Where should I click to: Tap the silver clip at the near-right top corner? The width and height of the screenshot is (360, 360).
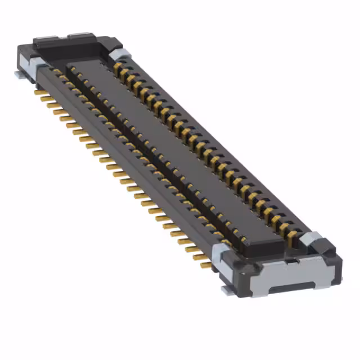[311, 240]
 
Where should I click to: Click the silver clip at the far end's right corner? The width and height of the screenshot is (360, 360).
[120, 54]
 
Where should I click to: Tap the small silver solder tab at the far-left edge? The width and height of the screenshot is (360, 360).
[19, 73]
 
